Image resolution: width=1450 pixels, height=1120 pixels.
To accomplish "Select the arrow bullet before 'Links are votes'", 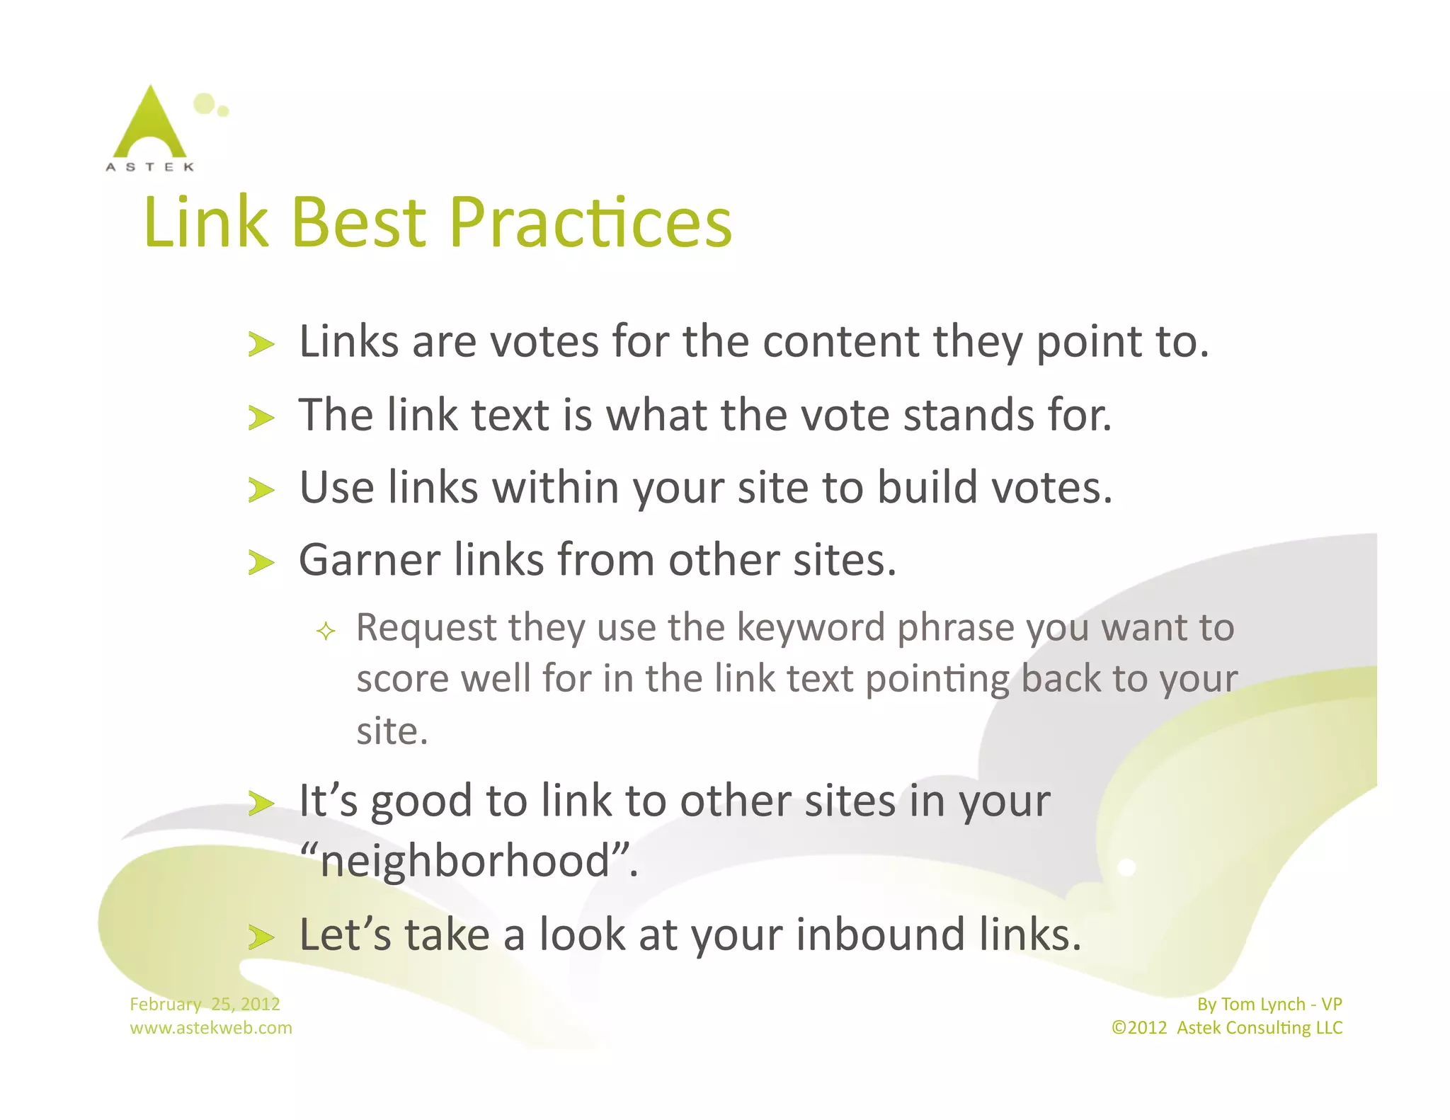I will tap(261, 345).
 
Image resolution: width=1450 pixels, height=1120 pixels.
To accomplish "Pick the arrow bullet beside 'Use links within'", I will tap(261, 490).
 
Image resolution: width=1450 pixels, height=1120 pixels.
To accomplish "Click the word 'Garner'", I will tap(370, 561).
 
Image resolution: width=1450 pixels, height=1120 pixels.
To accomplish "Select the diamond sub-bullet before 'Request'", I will tap(326, 631).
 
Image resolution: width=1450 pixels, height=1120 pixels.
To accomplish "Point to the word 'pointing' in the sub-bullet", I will tap(937, 680).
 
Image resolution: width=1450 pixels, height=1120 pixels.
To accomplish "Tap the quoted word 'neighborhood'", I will tap(467, 862).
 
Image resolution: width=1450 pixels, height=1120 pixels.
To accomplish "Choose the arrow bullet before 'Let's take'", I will tap(261, 937).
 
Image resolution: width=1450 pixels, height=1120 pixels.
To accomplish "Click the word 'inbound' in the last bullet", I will tap(881, 935).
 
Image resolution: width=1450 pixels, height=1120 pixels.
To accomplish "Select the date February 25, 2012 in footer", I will tap(205, 1004).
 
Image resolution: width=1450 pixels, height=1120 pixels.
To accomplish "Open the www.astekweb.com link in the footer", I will tap(211, 1028).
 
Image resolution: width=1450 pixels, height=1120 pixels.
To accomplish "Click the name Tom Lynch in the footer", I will tap(1263, 1004).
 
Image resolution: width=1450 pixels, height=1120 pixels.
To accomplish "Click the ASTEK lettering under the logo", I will tap(150, 167).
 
